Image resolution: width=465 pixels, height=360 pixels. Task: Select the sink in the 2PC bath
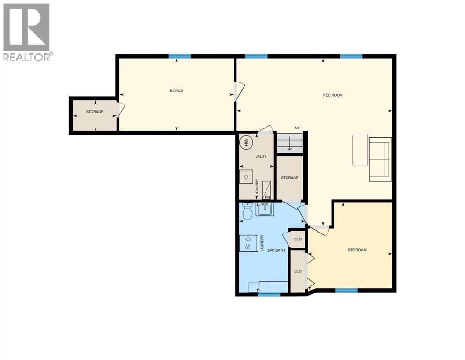pyautogui.click(x=264, y=209)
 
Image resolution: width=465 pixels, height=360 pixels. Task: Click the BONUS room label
pyautogui.click(x=176, y=90)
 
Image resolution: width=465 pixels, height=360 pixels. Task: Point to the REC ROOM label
pyautogui.click(x=332, y=95)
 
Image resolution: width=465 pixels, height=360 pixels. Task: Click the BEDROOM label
pyautogui.click(x=357, y=250)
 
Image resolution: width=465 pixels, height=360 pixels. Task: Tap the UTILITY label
pyautogui.click(x=260, y=156)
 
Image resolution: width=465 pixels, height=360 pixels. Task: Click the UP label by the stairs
pyautogui.click(x=297, y=128)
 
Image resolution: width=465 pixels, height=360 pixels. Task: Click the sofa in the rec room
pyautogui.click(x=380, y=159)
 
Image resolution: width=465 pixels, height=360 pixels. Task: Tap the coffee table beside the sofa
pyautogui.click(x=360, y=150)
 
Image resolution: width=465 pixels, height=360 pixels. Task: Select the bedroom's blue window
pyautogui.click(x=347, y=291)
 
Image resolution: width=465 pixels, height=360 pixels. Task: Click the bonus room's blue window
pyautogui.click(x=180, y=56)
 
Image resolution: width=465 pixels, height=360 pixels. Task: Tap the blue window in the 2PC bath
pyautogui.click(x=269, y=294)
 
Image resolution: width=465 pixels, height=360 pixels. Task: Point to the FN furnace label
pyautogui.click(x=267, y=197)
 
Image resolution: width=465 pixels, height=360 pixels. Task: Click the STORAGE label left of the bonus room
pyautogui.click(x=94, y=112)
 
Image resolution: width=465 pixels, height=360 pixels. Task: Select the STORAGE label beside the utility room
pyautogui.click(x=289, y=178)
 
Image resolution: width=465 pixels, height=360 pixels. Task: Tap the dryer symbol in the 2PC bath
pyautogui.click(x=248, y=243)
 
